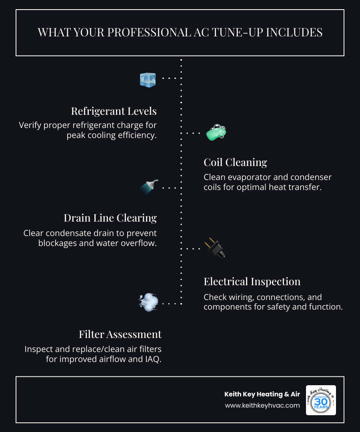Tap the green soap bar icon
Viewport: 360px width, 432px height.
click(x=216, y=133)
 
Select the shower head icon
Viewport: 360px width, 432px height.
click(x=149, y=186)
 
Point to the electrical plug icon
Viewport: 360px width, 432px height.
click(x=215, y=248)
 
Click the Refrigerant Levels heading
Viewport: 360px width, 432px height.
click(x=114, y=111)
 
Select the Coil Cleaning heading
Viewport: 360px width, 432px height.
click(x=235, y=162)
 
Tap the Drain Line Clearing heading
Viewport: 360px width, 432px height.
click(x=110, y=218)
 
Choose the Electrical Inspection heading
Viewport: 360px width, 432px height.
click(x=252, y=282)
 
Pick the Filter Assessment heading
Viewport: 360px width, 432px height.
click(x=120, y=334)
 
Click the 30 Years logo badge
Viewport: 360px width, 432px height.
click(x=321, y=400)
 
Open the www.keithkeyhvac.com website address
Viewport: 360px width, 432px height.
click(x=262, y=405)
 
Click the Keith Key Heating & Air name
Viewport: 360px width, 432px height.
click(x=262, y=394)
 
